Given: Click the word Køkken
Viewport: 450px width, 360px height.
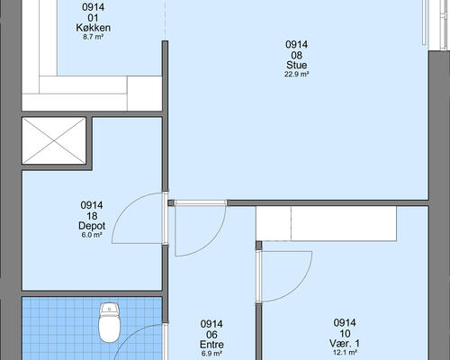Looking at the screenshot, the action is tap(94, 28).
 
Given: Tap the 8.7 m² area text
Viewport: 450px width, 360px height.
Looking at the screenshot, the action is tap(94, 37).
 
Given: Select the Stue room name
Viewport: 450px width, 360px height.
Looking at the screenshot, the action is tap(296, 65).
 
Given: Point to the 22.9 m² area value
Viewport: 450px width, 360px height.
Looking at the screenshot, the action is tap(296, 75).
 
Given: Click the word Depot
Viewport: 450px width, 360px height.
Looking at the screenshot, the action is tap(92, 226).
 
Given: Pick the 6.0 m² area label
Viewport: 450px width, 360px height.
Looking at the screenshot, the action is tap(92, 235).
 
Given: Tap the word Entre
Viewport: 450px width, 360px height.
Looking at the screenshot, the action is tap(211, 345).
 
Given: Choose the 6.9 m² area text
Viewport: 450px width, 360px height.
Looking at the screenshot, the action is tap(211, 354).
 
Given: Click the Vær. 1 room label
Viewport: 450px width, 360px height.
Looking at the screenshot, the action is tap(345, 343).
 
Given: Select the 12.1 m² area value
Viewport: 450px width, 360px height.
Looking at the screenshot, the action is tap(345, 353).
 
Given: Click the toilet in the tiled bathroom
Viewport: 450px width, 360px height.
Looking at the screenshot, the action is tap(110, 322).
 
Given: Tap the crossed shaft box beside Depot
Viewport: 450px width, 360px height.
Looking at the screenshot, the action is tap(54, 140).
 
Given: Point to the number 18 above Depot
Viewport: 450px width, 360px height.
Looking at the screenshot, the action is tap(92, 216).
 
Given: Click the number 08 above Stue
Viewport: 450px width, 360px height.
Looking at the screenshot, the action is tap(296, 55).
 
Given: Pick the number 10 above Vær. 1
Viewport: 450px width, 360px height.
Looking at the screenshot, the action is tap(345, 333).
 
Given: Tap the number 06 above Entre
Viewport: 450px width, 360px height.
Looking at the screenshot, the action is tap(211, 335).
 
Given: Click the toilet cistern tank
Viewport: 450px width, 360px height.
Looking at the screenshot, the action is tap(110, 308).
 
